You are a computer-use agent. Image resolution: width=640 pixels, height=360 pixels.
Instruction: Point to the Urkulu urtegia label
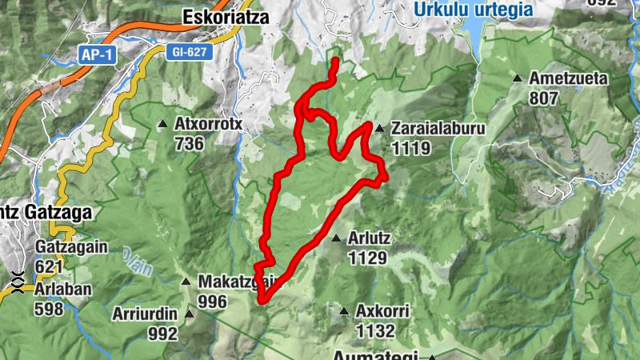474,10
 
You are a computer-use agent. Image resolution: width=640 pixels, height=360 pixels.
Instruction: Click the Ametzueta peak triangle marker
518,78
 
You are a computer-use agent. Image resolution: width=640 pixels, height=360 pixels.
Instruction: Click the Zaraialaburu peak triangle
379,127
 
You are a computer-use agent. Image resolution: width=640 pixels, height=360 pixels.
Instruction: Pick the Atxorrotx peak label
208,124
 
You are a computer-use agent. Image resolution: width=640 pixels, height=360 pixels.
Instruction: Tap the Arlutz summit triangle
337,238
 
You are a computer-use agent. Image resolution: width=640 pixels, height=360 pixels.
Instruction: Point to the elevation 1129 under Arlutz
367,258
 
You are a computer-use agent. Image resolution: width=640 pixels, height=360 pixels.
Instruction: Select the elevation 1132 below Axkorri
376,330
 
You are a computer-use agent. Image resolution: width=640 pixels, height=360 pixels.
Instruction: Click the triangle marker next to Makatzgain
186,281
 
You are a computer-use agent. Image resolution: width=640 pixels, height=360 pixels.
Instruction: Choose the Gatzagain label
71,247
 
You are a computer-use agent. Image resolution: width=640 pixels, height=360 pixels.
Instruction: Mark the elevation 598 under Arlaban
49,309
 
